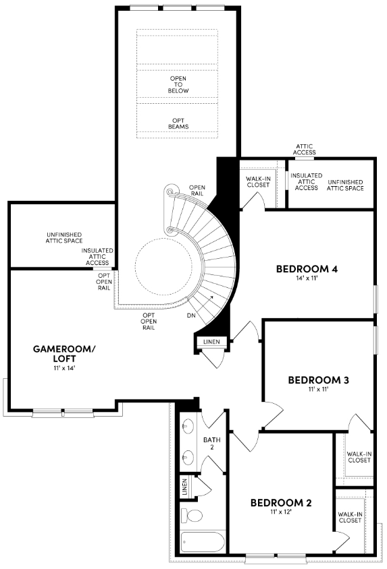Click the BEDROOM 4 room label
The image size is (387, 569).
pyautogui.click(x=307, y=269)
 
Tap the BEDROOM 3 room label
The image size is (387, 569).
pyautogui.click(x=318, y=380)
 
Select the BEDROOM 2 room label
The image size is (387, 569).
pyautogui.click(x=281, y=502)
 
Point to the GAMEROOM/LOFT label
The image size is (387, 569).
pyautogui.click(x=64, y=353)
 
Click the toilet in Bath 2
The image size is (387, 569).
pyautogui.click(x=192, y=516)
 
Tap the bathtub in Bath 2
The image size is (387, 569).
pyautogui.click(x=203, y=542)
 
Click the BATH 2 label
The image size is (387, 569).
pyautogui.click(x=212, y=443)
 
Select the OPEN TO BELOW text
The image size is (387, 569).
pyautogui.click(x=178, y=84)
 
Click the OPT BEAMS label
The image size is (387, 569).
pyautogui.click(x=178, y=123)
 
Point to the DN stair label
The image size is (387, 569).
pyautogui.click(x=191, y=316)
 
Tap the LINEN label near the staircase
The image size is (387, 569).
pyautogui.click(x=211, y=342)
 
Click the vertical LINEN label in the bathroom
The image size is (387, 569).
pyautogui.click(x=184, y=487)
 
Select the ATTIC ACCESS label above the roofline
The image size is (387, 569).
pyautogui.click(x=304, y=150)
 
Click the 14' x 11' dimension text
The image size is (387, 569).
pyautogui.click(x=307, y=278)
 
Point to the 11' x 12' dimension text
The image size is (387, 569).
pyautogui.click(x=281, y=512)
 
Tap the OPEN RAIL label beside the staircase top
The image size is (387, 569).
pyautogui.click(x=197, y=191)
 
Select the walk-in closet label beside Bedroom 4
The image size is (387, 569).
pyautogui.click(x=258, y=182)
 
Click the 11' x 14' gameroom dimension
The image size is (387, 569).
pyautogui.click(x=64, y=368)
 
